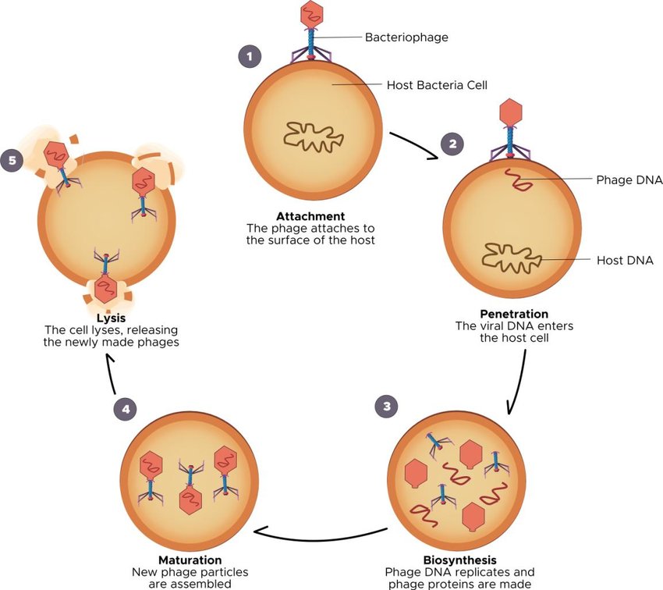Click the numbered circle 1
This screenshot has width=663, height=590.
[249, 56]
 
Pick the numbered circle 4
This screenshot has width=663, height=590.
[124, 407]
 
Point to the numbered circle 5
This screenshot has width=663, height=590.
[12, 161]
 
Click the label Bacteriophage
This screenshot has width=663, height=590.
[406, 37]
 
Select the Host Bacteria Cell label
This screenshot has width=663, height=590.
[437, 85]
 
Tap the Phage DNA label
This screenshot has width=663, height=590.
[629, 180]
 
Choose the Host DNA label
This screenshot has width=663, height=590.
[624, 260]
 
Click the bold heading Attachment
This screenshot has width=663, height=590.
[310, 216]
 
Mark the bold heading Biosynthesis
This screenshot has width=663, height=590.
[459, 560]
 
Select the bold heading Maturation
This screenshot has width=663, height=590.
[190, 560]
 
